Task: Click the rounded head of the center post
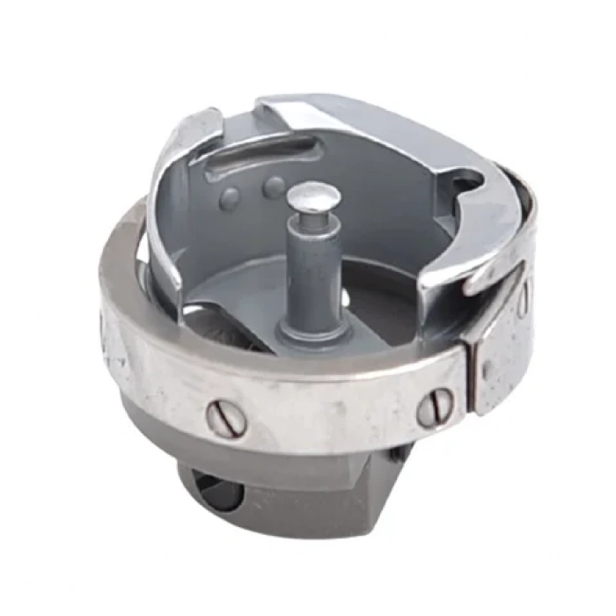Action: (x=314, y=195)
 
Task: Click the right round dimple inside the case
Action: (x=275, y=187)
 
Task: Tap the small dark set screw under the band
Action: (x=398, y=455)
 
